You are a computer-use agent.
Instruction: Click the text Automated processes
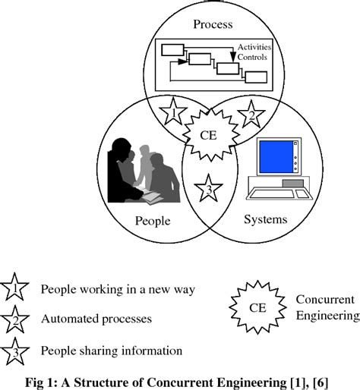coord(96,319)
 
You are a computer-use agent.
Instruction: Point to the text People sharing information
coord(111,351)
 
